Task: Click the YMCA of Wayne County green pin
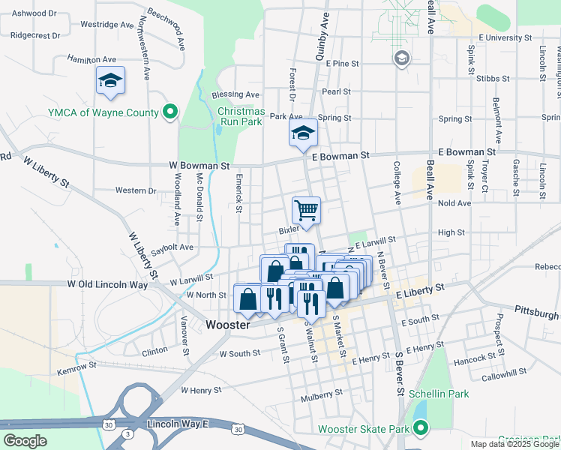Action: coord(170,112)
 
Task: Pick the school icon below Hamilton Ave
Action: coord(110,80)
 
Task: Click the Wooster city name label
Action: coord(228,325)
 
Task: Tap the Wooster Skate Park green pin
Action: coord(421,429)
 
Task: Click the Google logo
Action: coord(25,441)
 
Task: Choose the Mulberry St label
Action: coord(321,391)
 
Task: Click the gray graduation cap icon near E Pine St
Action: coord(402,59)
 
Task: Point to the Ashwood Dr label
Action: coord(34,13)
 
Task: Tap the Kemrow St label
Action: coord(77,367)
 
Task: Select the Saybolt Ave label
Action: coord(172,247)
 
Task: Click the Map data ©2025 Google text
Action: coord(514,444)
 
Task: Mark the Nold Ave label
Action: coord(454,203)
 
